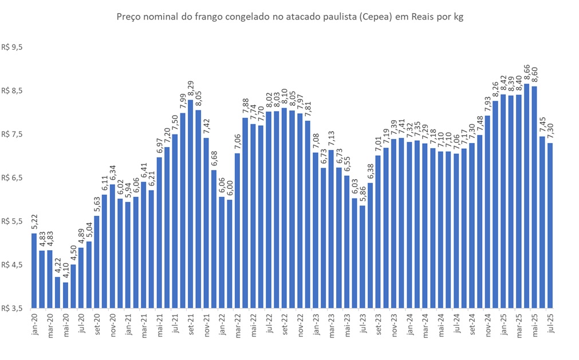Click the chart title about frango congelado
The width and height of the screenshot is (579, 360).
pos(289,17)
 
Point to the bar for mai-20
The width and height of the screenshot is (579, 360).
pos(65,295)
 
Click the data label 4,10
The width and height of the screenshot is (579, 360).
pos(65,271)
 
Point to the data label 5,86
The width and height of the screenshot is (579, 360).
pos(363,194)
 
